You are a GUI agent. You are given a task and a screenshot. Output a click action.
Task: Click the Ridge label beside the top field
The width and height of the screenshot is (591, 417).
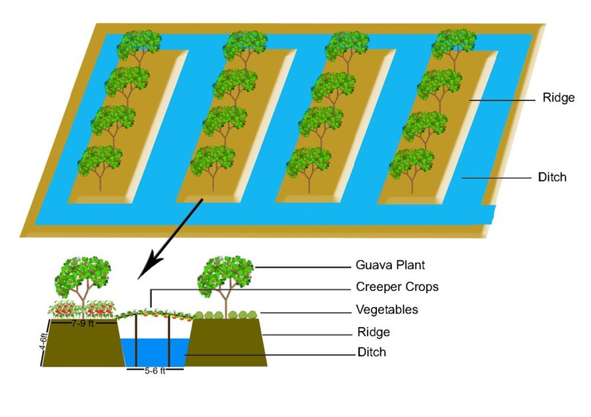click(x=559, y=98)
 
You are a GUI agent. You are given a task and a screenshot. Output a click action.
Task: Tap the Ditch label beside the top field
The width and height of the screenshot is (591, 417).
click(x=552, y=177)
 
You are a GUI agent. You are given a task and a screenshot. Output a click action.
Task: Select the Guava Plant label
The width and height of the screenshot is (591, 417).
click(x=390, y=265)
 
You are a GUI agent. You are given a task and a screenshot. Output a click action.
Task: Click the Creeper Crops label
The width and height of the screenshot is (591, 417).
click(x=397, y=287)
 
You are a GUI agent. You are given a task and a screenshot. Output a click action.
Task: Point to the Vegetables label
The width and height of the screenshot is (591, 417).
click(x=387, y=309)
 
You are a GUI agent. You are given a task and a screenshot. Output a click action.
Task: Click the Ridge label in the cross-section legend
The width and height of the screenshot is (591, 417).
click(x=374, y=332)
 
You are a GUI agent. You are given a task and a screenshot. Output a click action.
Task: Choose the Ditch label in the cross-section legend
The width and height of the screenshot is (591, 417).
click(x=372, y=352)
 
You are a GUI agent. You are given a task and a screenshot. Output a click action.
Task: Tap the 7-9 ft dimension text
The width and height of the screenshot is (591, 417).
click(x=83, y=323)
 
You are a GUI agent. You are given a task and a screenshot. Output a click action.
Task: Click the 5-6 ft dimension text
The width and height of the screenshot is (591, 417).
click(x=155, y=370)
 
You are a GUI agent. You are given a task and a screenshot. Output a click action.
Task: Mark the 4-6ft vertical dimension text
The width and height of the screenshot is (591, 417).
click(x=44, y=342)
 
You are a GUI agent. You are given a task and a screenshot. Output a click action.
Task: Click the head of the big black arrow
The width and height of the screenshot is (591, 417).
click(x=148, y=266)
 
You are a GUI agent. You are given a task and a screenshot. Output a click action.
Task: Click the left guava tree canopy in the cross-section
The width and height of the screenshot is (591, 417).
click(x=83, y=276)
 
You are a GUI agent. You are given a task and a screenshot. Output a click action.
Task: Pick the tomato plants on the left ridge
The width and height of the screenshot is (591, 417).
click(x=81, y=309)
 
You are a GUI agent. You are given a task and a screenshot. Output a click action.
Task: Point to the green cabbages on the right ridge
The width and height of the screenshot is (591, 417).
click(x=226, y=315)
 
